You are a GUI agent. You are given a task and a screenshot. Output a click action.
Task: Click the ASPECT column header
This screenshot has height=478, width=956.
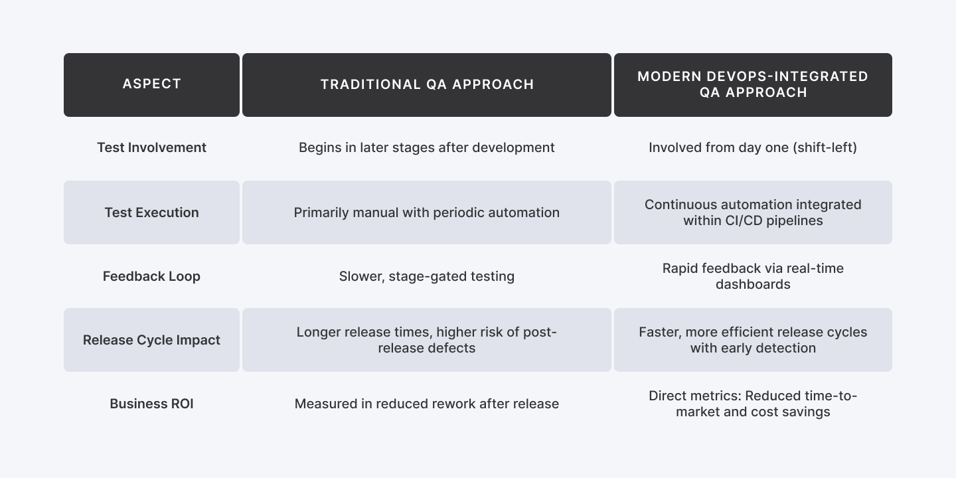[x=151, y=84]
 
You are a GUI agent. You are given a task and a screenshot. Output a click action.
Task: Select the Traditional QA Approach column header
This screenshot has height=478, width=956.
[x=427, y=84]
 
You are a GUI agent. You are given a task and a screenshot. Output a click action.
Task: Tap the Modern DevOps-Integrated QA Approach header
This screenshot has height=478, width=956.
[x=753, y=84]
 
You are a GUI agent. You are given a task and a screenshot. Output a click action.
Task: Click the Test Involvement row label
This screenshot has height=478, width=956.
[x=151, y=147]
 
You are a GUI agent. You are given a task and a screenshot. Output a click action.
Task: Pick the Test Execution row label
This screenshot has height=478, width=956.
[x=151, y=212]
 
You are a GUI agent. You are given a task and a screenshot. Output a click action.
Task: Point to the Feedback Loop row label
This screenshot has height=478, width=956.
[x=151, y=276]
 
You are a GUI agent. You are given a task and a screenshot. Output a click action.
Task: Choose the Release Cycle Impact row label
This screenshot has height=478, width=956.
[x=151, y=340]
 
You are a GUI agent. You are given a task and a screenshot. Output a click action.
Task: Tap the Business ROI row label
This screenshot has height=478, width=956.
[x=151, y=404]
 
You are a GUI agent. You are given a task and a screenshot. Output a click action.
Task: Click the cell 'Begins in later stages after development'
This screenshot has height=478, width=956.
[x=427, y=147]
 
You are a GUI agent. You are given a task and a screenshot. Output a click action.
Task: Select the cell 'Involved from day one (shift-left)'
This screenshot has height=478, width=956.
[x=753, y=147]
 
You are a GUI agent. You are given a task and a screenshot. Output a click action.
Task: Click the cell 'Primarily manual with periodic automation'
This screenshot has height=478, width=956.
[x=427, y=212]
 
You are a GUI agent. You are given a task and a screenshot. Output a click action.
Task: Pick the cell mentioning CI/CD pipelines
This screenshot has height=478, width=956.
[x=753, y=212]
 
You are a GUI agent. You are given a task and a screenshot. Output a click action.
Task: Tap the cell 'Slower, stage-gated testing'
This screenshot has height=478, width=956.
[x=427, y=276]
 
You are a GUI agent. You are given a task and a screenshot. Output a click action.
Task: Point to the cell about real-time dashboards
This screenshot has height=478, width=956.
[x=753, y=276]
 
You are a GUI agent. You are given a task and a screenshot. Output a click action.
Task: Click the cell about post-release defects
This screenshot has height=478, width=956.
[x=427, y=340]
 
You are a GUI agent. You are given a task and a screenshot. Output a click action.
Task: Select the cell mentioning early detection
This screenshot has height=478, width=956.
[x=753, y=340]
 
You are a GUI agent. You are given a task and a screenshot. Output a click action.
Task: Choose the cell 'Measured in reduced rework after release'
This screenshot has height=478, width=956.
[x=427, y=404]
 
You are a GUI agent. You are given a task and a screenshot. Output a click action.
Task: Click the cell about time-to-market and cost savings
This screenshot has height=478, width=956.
[x=753, y=404]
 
